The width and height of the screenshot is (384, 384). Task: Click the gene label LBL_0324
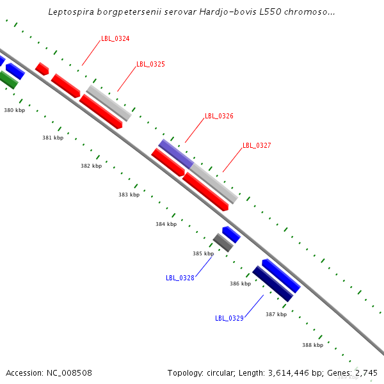[115, 39]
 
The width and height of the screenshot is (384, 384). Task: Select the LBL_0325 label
[150, 65]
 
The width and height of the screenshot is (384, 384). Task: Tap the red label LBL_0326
[219, 116]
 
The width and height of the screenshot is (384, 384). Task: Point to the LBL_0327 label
[257, 146]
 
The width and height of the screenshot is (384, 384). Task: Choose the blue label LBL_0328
[180, 278]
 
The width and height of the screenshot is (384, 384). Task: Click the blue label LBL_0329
[229, 318]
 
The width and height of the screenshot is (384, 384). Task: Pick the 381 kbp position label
[53, 138]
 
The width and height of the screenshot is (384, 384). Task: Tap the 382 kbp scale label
[91, 166]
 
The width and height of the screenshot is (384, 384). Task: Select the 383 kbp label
[129, 195]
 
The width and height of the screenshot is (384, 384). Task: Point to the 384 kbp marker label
[166, 224]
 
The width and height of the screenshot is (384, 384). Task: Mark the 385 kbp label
[203, 254]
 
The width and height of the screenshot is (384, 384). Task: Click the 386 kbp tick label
[240, 284]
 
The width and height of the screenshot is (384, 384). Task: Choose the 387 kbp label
[276, 314]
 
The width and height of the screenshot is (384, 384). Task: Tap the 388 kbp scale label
[313, 345]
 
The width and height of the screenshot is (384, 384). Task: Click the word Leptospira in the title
[71, 12]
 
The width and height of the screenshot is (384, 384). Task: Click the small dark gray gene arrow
[223, 243]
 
